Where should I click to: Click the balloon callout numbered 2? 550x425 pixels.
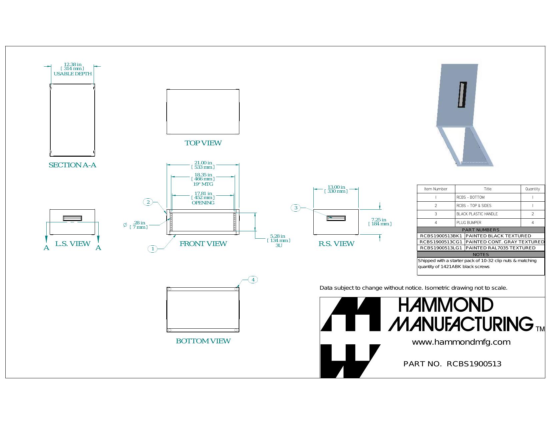coord(148,202)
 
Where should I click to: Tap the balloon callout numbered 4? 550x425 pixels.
coord(253,280)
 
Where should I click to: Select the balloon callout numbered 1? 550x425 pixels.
coord(152,249)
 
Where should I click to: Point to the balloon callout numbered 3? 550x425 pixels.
coord(296,208)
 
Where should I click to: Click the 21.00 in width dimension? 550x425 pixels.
coord(203,165)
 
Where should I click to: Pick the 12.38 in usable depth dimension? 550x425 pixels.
coord(73,69)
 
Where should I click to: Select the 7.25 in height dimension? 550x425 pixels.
coord(380,222)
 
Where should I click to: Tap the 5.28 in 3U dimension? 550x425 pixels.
coord(278,240)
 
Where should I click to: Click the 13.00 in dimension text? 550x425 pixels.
coord(336,189)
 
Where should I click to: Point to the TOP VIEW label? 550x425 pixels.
coord(203,143)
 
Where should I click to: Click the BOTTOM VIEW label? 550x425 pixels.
coord(203,341)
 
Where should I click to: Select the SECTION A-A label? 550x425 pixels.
coord(72,165)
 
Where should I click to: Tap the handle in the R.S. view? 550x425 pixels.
coord(336,218)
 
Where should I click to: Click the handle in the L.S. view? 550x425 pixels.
coord(72,218)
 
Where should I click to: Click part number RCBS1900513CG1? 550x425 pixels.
coord(441,242)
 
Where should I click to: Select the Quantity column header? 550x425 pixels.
coord(533,189)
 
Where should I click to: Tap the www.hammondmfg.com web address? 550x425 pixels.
coord(461,342)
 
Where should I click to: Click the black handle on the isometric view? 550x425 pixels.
coord(462,95)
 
